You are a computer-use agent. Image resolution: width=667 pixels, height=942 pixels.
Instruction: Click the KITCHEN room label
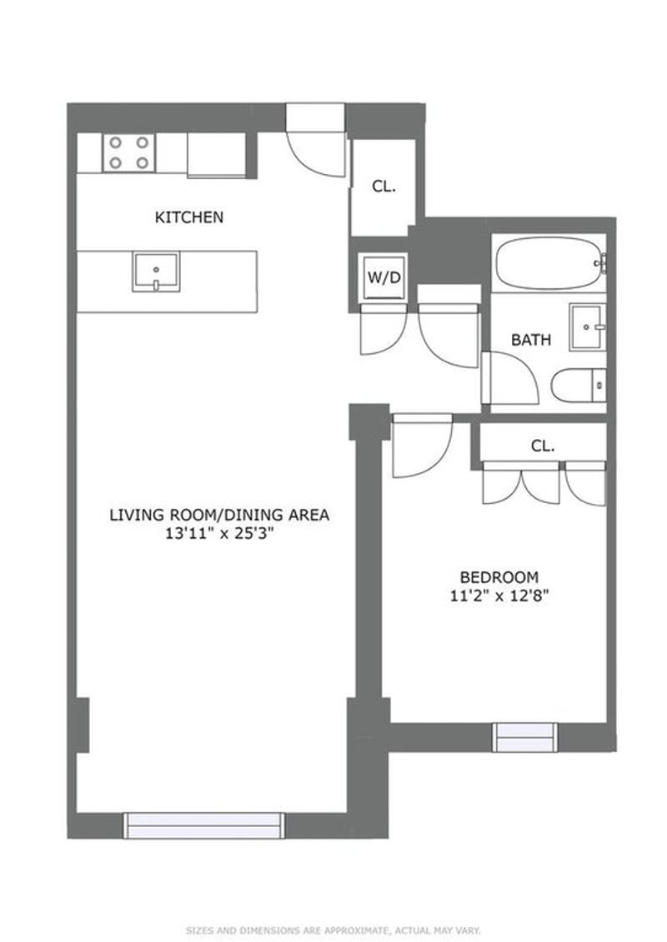click(x=189, y=217)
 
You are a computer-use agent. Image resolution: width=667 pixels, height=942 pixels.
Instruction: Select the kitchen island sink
click(x=156, y=272)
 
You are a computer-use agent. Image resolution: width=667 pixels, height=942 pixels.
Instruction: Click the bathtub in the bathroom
click(x=549, y=263)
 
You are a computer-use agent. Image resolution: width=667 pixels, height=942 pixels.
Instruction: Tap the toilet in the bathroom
click(x=578, y=386)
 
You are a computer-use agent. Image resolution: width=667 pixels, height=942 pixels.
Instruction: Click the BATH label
click(x=531, y=340)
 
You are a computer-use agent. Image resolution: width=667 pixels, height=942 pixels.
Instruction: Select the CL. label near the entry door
click(x=384, y=187)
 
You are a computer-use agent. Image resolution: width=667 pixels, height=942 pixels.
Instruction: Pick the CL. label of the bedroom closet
click(x=543, y=446)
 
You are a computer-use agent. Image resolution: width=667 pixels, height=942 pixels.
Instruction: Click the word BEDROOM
click(x=499, y=576)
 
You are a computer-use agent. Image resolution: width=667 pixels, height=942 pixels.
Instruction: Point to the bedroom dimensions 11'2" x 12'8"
click(x=499, y=596)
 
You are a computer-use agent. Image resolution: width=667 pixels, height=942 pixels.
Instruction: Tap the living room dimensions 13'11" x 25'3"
click(x=219, y=535)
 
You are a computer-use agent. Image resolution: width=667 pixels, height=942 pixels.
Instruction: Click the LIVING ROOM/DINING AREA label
click(x=219, y=515)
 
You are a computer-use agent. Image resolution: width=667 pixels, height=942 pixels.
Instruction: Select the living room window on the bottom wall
click(x=204, y=825)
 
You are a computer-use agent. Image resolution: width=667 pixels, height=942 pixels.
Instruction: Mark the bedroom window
click(x=524, y=737)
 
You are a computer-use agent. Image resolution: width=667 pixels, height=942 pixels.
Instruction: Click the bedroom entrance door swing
click(x=421, y=446)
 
